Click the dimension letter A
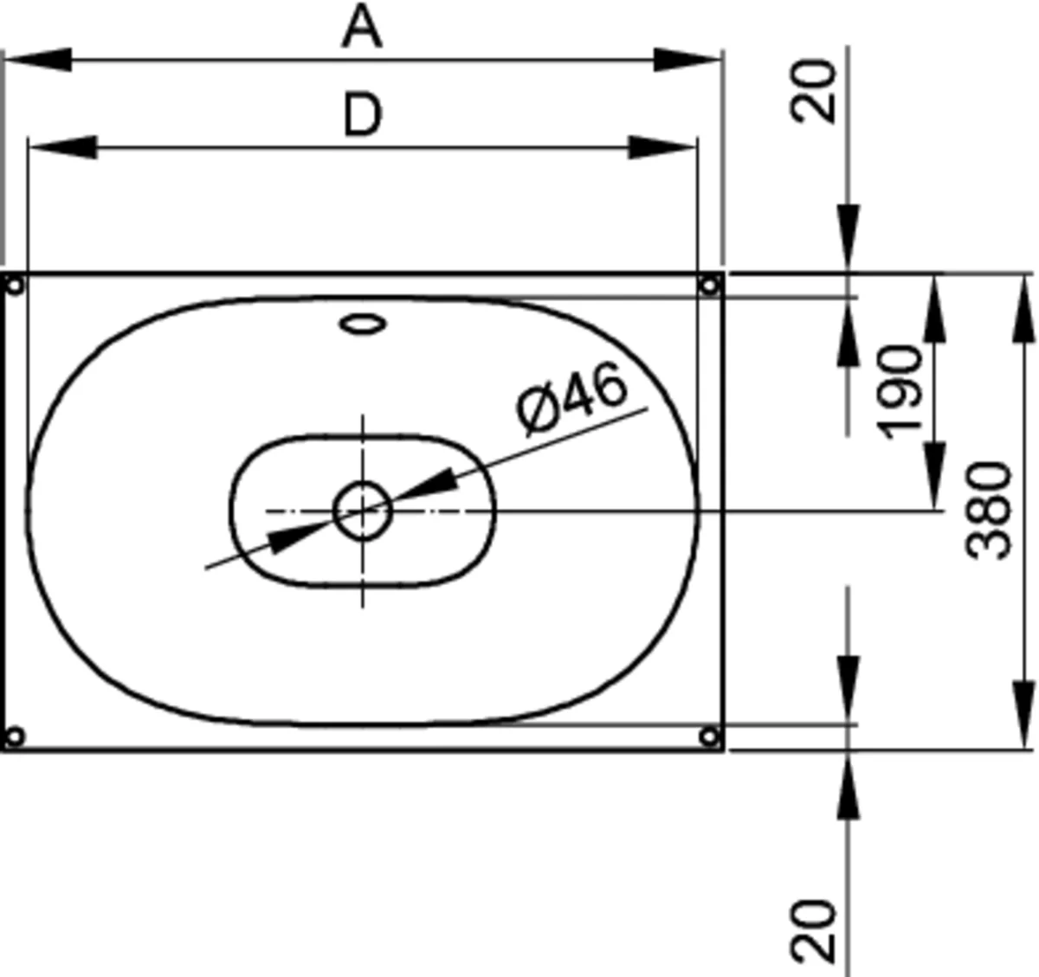pyautogui.click(x=362, y=27)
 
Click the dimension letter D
pyautogui.click(x=363, y=114)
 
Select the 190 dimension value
pyautogui.click(x=900, y=392)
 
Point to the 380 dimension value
pyautogui.click(x=988, y=511)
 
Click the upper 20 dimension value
pyautogui.click(x=812, y=92)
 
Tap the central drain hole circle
pyautogui.click(x=363, y=511)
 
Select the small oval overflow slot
pyautogui.click(x=363, y=325)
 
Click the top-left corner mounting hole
pyautogui.click(x=15, y=286)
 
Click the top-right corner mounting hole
pyautogui.click(x=709, y=286)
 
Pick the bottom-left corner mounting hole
pyautogui.click(x=14, y=737)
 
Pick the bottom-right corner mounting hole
pyautogui.click(x=709, y=737)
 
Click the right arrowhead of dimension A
pyautogui.click(x=687, y=60)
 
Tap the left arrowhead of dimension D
pyautogui.click(x=63, y=147)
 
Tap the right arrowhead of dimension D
pyautogui.click(x=661, y=147)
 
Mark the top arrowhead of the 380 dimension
pyautogui.click(x=1023, y=309)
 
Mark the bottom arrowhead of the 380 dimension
pyautogui.click(x=1023, y=715)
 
